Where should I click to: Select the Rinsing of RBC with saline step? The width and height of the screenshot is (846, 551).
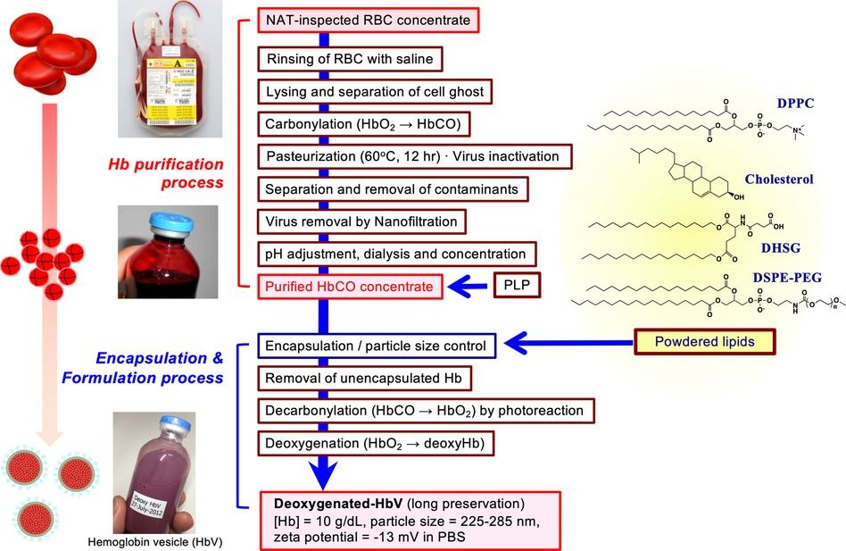pyautogui.click(x=350, y=60)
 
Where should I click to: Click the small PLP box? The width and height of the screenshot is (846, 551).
pyautogui.click(x=517, y=286)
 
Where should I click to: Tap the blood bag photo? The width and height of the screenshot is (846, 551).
pyautogui.click(x=175, y=70)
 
